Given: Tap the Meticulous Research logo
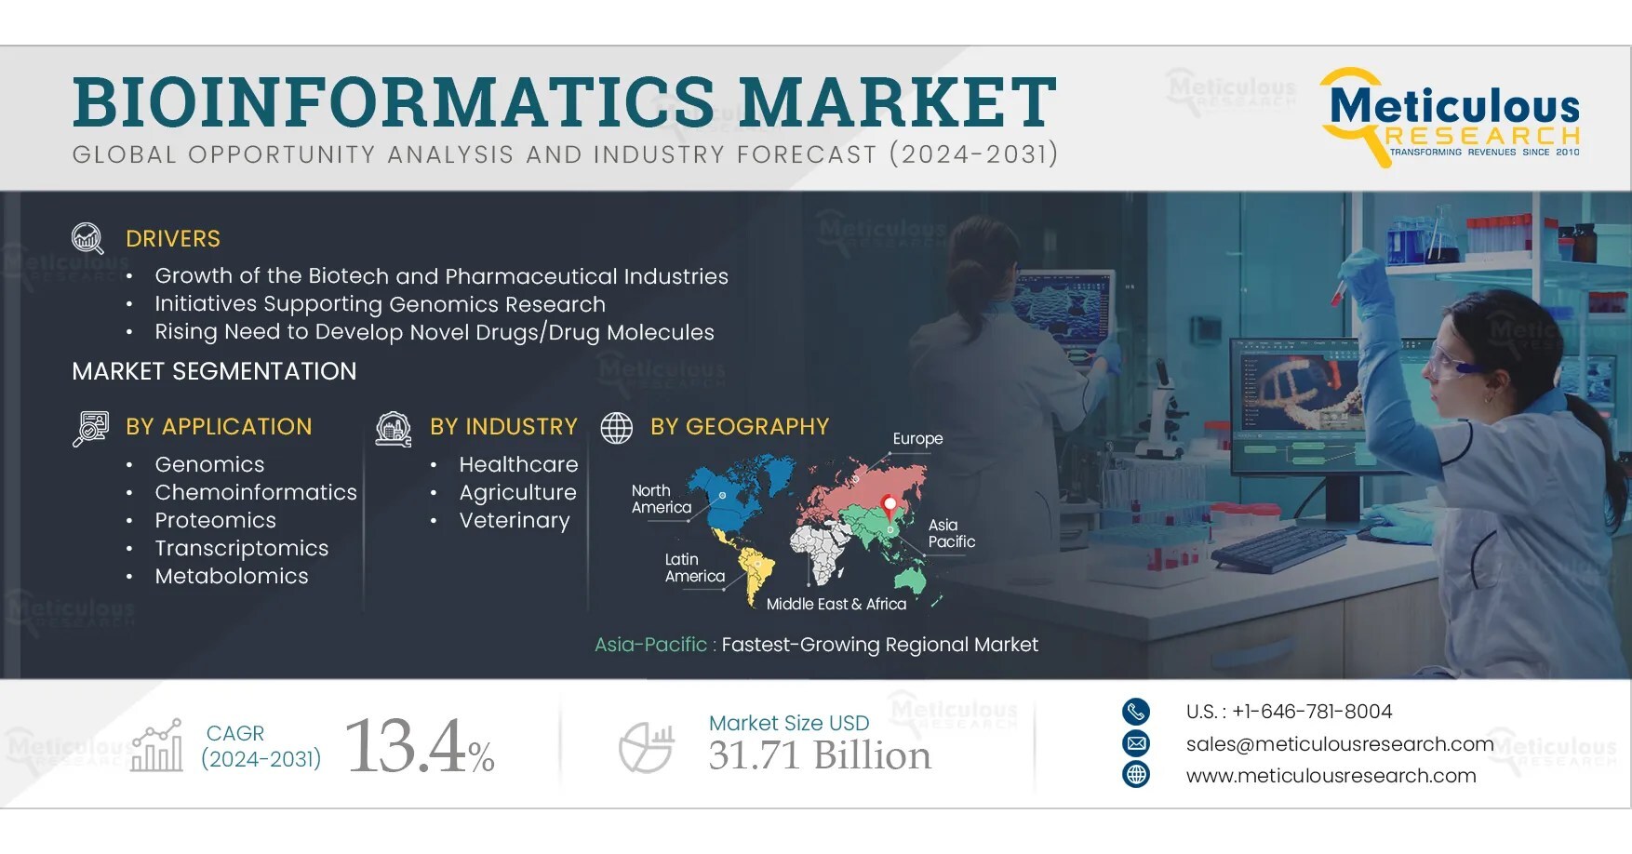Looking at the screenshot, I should (x=1452, y=117).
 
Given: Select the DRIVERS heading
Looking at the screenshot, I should (x=173, y=239).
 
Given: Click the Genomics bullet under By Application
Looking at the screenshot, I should (x=209, y=464).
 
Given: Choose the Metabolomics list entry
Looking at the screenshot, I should (x=232, y=576).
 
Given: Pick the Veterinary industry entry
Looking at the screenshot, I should (x=514, y=520).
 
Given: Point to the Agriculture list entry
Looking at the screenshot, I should (x=517, y=492).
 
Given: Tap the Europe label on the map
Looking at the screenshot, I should (x=917, y=438).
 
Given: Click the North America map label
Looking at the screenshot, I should (x=661, y=499).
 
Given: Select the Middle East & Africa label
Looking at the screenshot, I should (x=836, y=604).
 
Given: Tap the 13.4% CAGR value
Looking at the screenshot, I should (x=419, y=746).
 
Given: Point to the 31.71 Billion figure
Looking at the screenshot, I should (x=819, y=755).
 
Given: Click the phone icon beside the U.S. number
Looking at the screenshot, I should (x=1136, y=712).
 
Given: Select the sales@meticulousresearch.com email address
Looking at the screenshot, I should (x=1339, y=743).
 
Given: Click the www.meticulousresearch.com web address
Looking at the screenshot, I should (x=1331, y=775).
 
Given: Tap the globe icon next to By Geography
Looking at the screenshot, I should (x=616, y=427).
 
